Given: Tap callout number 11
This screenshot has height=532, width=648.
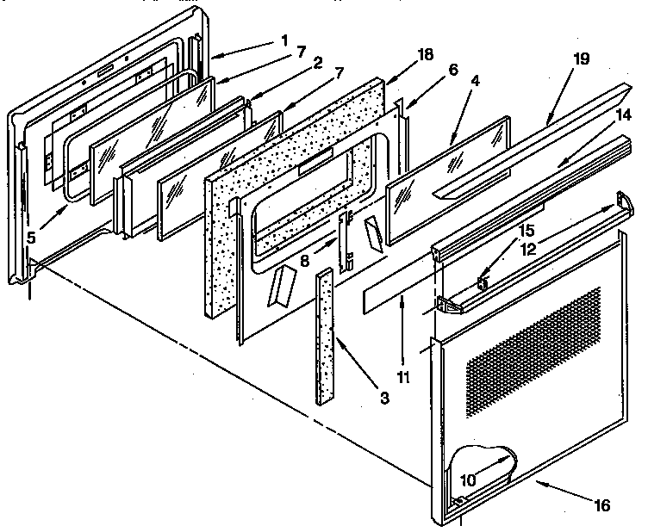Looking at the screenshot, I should click(404, 376).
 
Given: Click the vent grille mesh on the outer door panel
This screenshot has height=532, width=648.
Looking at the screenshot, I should click(534, 335).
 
